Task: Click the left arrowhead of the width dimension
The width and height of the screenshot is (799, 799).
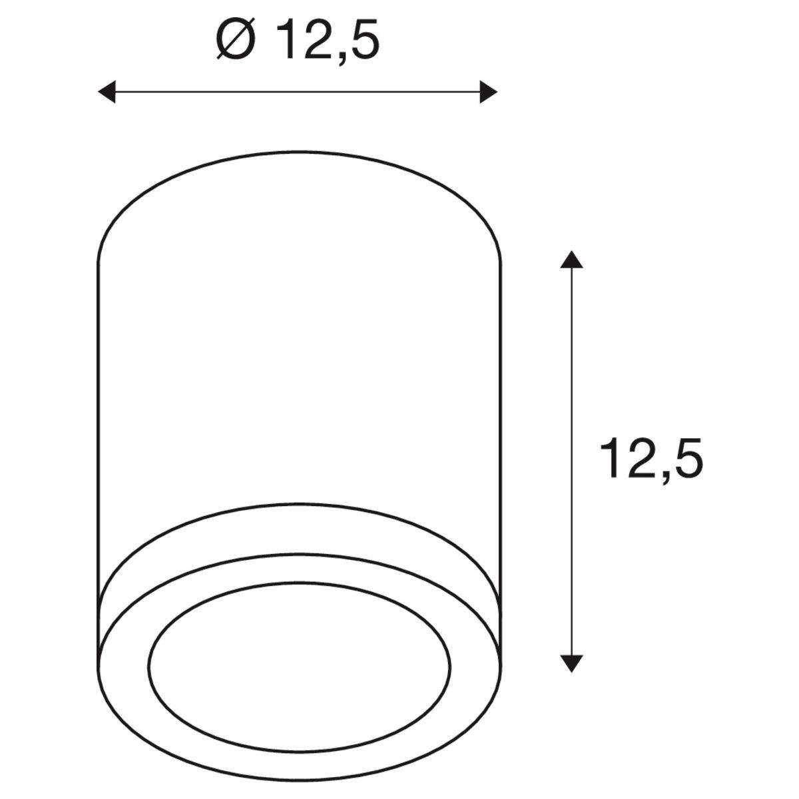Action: pyautogui.click(x=106, y=92)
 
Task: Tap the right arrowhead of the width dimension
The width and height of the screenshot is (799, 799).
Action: pyautogui.click(x=489, y=92)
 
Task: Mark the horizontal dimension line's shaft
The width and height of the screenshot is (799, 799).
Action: pyautogui.click(x=297, y=92)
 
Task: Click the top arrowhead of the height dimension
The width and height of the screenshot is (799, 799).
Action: pyautogui.click(x=571, y=259)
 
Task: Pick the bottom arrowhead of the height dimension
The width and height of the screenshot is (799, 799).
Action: pyautogui.click(x=571, y=663)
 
